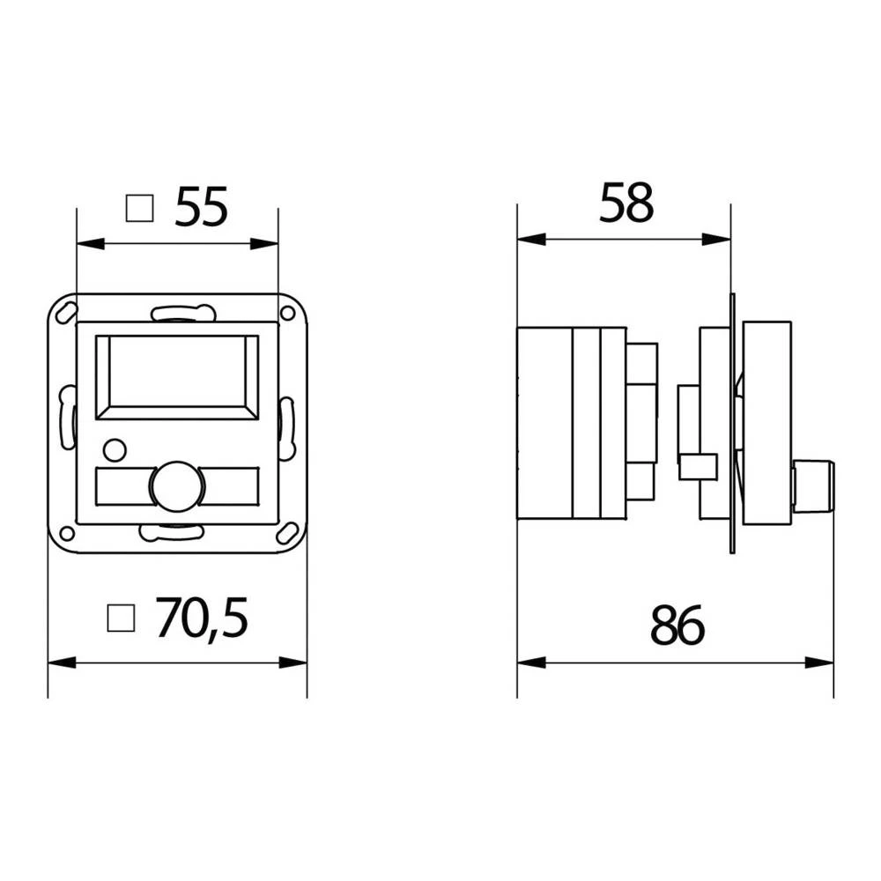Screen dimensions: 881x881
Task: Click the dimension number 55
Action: click(x=201, y=208)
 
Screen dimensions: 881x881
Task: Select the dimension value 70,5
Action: click(x=202, y=618)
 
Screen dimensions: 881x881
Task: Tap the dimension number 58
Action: click(x=626, y=204)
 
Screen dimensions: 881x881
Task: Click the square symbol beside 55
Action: click(x=139, y=208)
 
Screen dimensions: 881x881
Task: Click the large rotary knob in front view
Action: click(x=176, y=485)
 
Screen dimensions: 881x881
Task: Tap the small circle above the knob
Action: click(x=114, y=450)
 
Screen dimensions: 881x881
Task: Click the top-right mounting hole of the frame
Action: click(x=287, y=313)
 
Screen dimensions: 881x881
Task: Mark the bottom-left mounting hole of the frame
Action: click(x=66, y=532)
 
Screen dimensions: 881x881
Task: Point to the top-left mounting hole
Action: click(x=67, y=312)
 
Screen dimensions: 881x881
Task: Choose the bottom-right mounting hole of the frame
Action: click(x=287, y=533)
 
